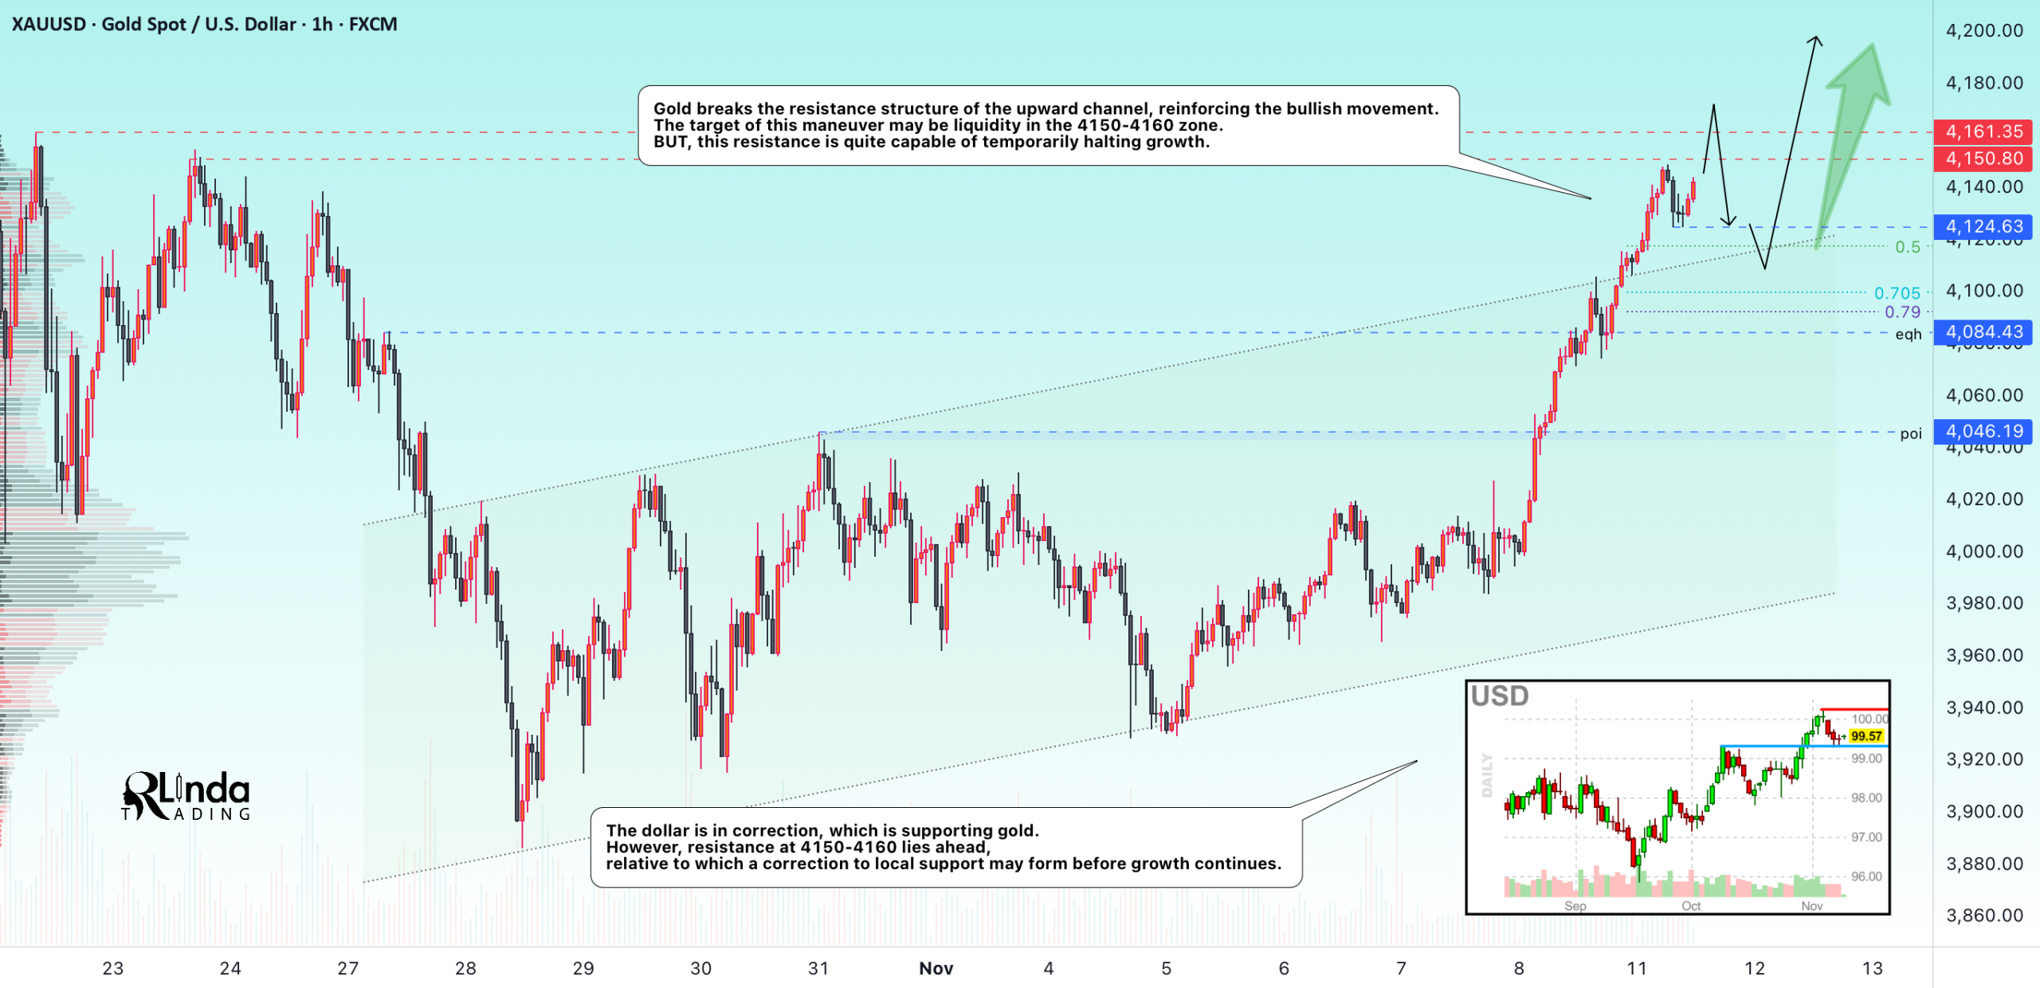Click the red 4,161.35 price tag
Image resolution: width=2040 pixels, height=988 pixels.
coord(1983,131)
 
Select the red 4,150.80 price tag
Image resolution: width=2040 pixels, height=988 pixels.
coord(1983,159)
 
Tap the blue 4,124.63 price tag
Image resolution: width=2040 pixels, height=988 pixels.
coord(1983,226)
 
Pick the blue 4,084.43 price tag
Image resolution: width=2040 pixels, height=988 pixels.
coord(1983,331)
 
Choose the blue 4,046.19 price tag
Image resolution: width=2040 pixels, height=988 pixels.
coord(1983,431)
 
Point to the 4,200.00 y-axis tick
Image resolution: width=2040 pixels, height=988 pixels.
coord(1984,30)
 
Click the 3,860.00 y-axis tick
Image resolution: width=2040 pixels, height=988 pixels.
coord(1984,915)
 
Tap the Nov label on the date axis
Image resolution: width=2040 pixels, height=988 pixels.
coord(936,968)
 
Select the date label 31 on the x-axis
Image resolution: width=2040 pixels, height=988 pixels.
coord(818,968)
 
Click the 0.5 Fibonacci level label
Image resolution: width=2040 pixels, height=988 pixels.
coord(1908,247)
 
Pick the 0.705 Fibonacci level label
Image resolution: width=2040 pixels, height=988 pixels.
coord(1897,293)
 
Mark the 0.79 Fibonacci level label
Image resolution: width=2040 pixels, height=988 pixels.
coord(1902,312)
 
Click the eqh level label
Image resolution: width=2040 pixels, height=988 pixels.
coord(1908,334)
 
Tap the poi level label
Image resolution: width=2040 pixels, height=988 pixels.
coord(1911,433)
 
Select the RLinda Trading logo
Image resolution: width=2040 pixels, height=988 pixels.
coord(186,795)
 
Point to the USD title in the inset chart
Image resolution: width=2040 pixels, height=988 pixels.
coord(1500,696)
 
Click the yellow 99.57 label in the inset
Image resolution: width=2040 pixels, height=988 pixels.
coord(1866,736)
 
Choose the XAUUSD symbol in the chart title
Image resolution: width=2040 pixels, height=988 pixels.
coord(49,24)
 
